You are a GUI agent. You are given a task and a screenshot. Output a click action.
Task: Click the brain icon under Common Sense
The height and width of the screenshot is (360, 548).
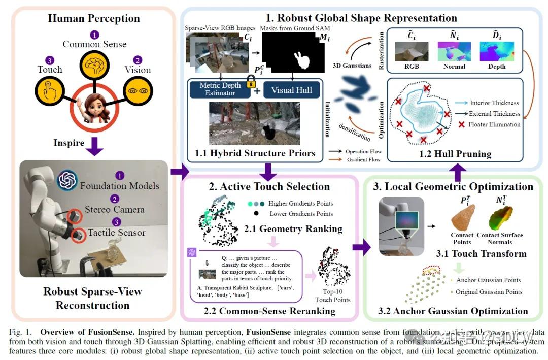94,66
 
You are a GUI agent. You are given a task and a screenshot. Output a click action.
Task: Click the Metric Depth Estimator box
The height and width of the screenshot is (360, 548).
217,89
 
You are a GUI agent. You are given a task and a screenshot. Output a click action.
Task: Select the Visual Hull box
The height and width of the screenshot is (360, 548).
291,89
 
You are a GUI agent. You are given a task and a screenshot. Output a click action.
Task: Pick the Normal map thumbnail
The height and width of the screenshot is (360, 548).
454,51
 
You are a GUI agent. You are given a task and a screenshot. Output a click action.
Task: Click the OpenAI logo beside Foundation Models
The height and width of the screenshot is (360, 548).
67,180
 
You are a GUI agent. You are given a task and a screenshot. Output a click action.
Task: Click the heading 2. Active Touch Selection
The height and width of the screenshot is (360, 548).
269,187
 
